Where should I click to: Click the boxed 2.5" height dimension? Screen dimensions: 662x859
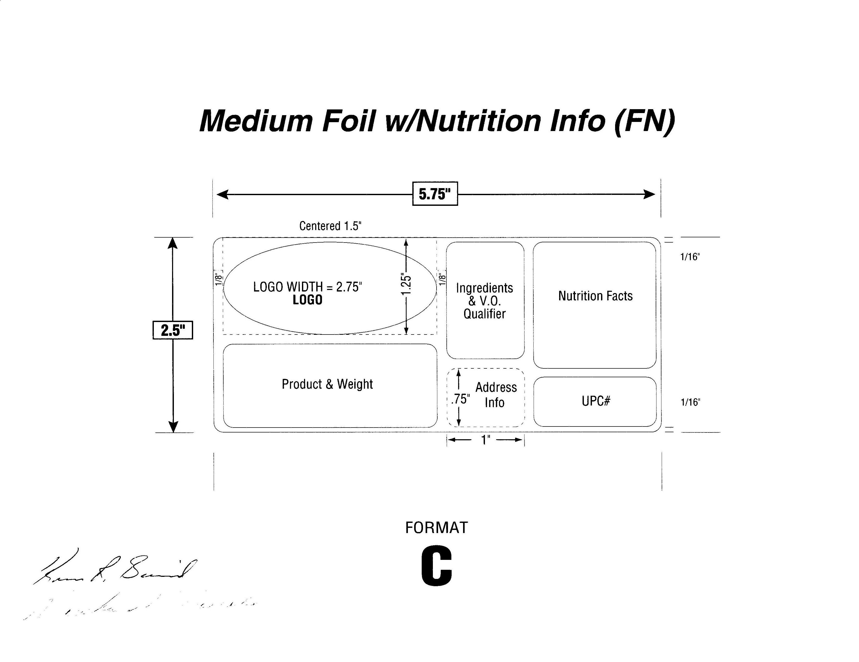coord(173,330)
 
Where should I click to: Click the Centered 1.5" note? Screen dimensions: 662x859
coord(330,226)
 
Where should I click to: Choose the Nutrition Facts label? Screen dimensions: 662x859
coord(595,296)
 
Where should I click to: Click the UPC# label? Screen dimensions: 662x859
coord(596,401)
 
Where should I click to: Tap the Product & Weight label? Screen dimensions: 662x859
coord(327,384)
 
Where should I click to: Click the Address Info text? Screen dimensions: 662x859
coord(496,395)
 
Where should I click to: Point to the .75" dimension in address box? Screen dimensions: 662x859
coord(460,399)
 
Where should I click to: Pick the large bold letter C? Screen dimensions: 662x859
coord(437,567)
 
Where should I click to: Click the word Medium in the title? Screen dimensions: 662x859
coord(256,121)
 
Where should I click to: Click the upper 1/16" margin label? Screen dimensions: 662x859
coord(690,257)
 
